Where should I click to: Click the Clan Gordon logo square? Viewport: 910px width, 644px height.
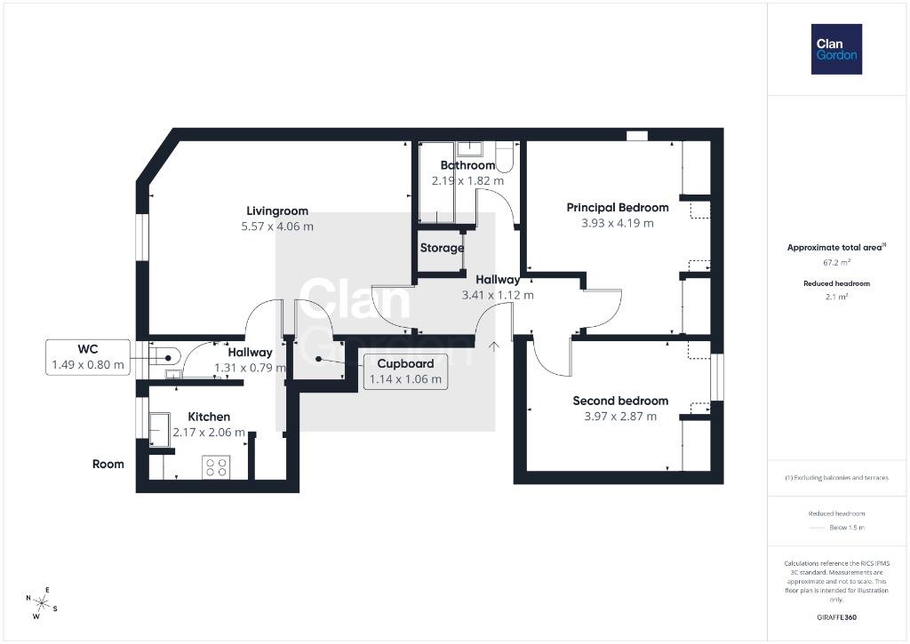(836, 50)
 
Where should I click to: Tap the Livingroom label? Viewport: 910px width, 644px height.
(277, 211)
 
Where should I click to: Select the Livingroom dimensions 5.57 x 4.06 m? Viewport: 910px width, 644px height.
(277, 227)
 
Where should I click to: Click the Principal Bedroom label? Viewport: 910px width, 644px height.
(618, 207)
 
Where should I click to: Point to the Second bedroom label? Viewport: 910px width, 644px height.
(620, 401)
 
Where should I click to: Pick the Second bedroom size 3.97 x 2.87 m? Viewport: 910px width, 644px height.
(620, 416)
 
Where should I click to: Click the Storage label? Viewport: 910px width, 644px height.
(443, 248)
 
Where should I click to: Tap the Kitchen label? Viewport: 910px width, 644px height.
(209, 417)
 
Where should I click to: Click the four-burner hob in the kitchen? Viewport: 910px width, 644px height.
(216, 467)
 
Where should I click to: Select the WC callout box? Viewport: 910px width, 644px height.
(88, 357)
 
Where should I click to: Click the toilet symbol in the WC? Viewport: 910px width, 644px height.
(165, 355)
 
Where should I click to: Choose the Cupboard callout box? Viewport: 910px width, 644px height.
(405, 371)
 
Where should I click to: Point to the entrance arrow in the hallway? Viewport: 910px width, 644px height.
(494, 346)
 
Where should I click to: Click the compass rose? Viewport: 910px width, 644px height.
(41, 603)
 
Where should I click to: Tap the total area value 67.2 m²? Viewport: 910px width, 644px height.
(836, 262)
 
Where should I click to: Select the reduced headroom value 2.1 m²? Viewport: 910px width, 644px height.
(836, 297)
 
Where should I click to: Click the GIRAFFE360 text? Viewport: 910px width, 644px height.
(836, 617)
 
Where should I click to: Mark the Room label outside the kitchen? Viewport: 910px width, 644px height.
(108, 465)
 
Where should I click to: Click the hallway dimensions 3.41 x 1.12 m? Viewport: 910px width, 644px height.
(498, 295)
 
